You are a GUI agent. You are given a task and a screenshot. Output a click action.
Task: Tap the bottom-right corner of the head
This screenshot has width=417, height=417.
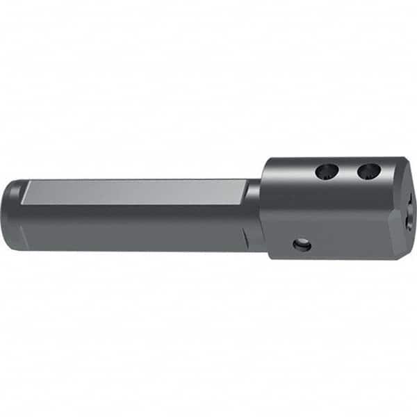coord(393,256)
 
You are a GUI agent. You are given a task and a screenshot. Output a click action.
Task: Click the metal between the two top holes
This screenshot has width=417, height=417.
coord(347,171)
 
